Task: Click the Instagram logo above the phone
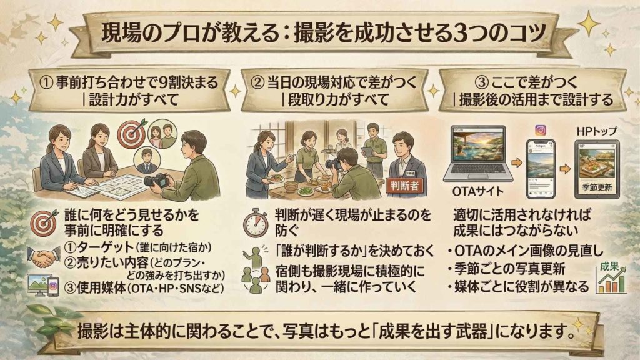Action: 541,131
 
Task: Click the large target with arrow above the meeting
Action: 133,132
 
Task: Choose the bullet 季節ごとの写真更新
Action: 512,271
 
